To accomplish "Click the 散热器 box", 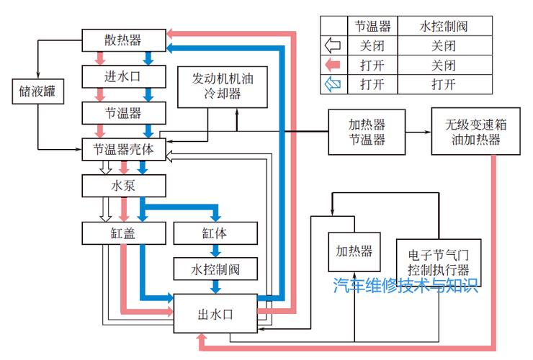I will (x=124, y=40).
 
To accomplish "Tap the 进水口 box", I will (x=124, y=76).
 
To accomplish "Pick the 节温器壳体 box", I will (x=124, y=149).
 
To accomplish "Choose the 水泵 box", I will (x=124, y=186).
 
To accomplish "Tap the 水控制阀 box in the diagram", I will (x=215, y=269).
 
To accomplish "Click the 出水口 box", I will (x=215, y=313).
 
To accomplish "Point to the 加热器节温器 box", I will (x=367, y=132).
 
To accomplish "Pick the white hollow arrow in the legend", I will (x=333, y=45).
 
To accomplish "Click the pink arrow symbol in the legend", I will (x=333, y=65).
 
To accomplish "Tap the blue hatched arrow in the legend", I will (x=333, y=84).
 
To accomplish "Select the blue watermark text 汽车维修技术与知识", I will (x=406, y=286).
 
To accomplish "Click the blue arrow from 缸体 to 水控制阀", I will (x=215, y=251).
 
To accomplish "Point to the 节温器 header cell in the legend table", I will (x=372, y=26).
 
